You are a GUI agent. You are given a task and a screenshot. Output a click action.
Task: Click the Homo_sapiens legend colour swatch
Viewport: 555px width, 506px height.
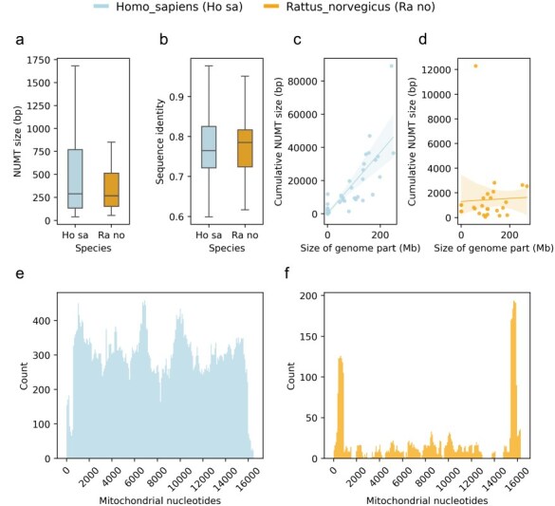102,6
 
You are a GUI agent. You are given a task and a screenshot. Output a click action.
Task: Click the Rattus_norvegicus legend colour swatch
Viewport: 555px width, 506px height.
271,6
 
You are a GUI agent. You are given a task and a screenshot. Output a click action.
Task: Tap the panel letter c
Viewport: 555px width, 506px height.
297,40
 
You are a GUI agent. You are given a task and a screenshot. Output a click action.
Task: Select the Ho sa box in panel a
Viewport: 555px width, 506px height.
75,178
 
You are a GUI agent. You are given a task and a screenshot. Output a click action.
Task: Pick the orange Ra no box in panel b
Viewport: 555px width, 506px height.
245,148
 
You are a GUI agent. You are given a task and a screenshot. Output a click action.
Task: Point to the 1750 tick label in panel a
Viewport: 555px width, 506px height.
39,60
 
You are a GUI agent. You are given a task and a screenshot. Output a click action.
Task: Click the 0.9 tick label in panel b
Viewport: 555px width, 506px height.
176,97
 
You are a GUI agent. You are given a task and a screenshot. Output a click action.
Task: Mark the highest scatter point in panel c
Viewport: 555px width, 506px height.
392,66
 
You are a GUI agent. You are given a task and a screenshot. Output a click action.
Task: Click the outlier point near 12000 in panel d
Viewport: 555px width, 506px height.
475,66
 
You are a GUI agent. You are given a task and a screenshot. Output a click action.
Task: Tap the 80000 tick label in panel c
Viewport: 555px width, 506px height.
304,81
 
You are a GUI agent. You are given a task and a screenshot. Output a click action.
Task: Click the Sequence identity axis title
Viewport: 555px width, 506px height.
160,141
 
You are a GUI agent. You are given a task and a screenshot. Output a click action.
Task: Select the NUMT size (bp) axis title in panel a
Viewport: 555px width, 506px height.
17,141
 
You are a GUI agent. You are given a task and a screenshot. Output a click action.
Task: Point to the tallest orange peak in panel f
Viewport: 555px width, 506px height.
514,302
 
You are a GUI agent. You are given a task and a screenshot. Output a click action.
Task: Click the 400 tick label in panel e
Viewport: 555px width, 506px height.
42,321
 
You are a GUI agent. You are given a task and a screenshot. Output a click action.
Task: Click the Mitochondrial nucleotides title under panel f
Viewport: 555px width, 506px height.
427,500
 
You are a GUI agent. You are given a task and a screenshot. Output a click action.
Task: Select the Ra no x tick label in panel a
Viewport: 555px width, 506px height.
111,235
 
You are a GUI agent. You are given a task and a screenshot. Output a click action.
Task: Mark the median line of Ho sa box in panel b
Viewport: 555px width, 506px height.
209,151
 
